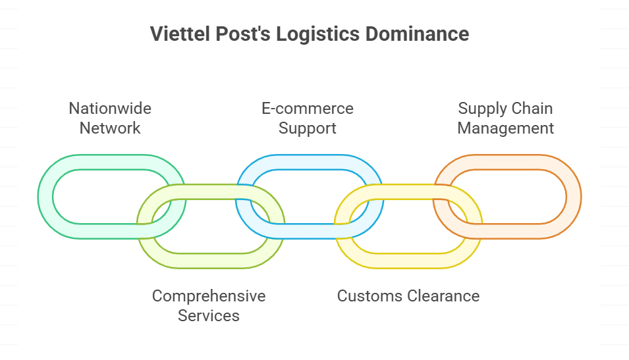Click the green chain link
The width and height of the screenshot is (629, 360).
pos(45,196)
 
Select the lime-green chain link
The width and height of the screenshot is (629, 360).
pos(211,261)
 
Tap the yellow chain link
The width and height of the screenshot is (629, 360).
pos(408,261)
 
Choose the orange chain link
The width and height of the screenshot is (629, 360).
pos(574,196)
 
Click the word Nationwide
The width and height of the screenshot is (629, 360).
pos(110,109)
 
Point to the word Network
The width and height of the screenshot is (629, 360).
pos(110,128)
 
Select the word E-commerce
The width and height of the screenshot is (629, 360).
pos(308,109)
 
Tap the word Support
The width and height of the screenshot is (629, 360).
pos(308,128)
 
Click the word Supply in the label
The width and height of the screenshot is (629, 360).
pos(481,109)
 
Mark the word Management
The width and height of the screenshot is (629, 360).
pos(506,128)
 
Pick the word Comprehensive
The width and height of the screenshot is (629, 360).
pos(209,296)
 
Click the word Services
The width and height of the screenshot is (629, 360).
pos(209,316)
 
